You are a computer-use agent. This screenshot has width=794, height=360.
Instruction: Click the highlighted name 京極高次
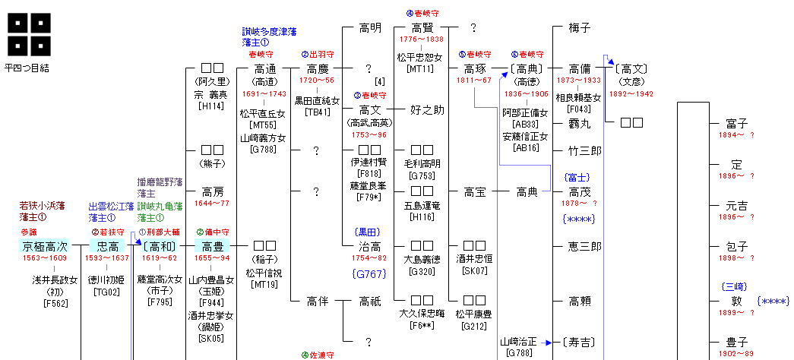(x=45, y=246)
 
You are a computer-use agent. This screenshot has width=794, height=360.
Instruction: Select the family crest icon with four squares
(x=29, y=34)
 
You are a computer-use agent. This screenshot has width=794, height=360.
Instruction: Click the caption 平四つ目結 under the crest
(x=27, y=68)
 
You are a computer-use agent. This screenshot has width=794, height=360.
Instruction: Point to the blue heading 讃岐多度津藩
(x=269, y=32)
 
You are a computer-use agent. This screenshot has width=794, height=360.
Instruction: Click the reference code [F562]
(x=55, y=303)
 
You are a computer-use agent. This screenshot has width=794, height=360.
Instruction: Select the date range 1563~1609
(x=45, y=258)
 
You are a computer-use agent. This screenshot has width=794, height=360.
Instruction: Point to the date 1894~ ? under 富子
(x=735, y=134)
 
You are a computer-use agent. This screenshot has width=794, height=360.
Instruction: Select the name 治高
(x=370, y=246)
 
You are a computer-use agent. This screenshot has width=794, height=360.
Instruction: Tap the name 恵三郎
(x=584, y=246)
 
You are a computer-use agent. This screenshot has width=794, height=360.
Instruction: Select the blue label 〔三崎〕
(x=735, y=287)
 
